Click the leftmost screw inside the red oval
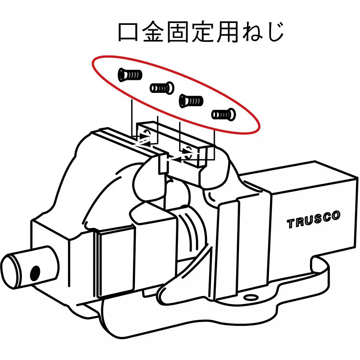point(130,75)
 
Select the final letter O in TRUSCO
point(336,216)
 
